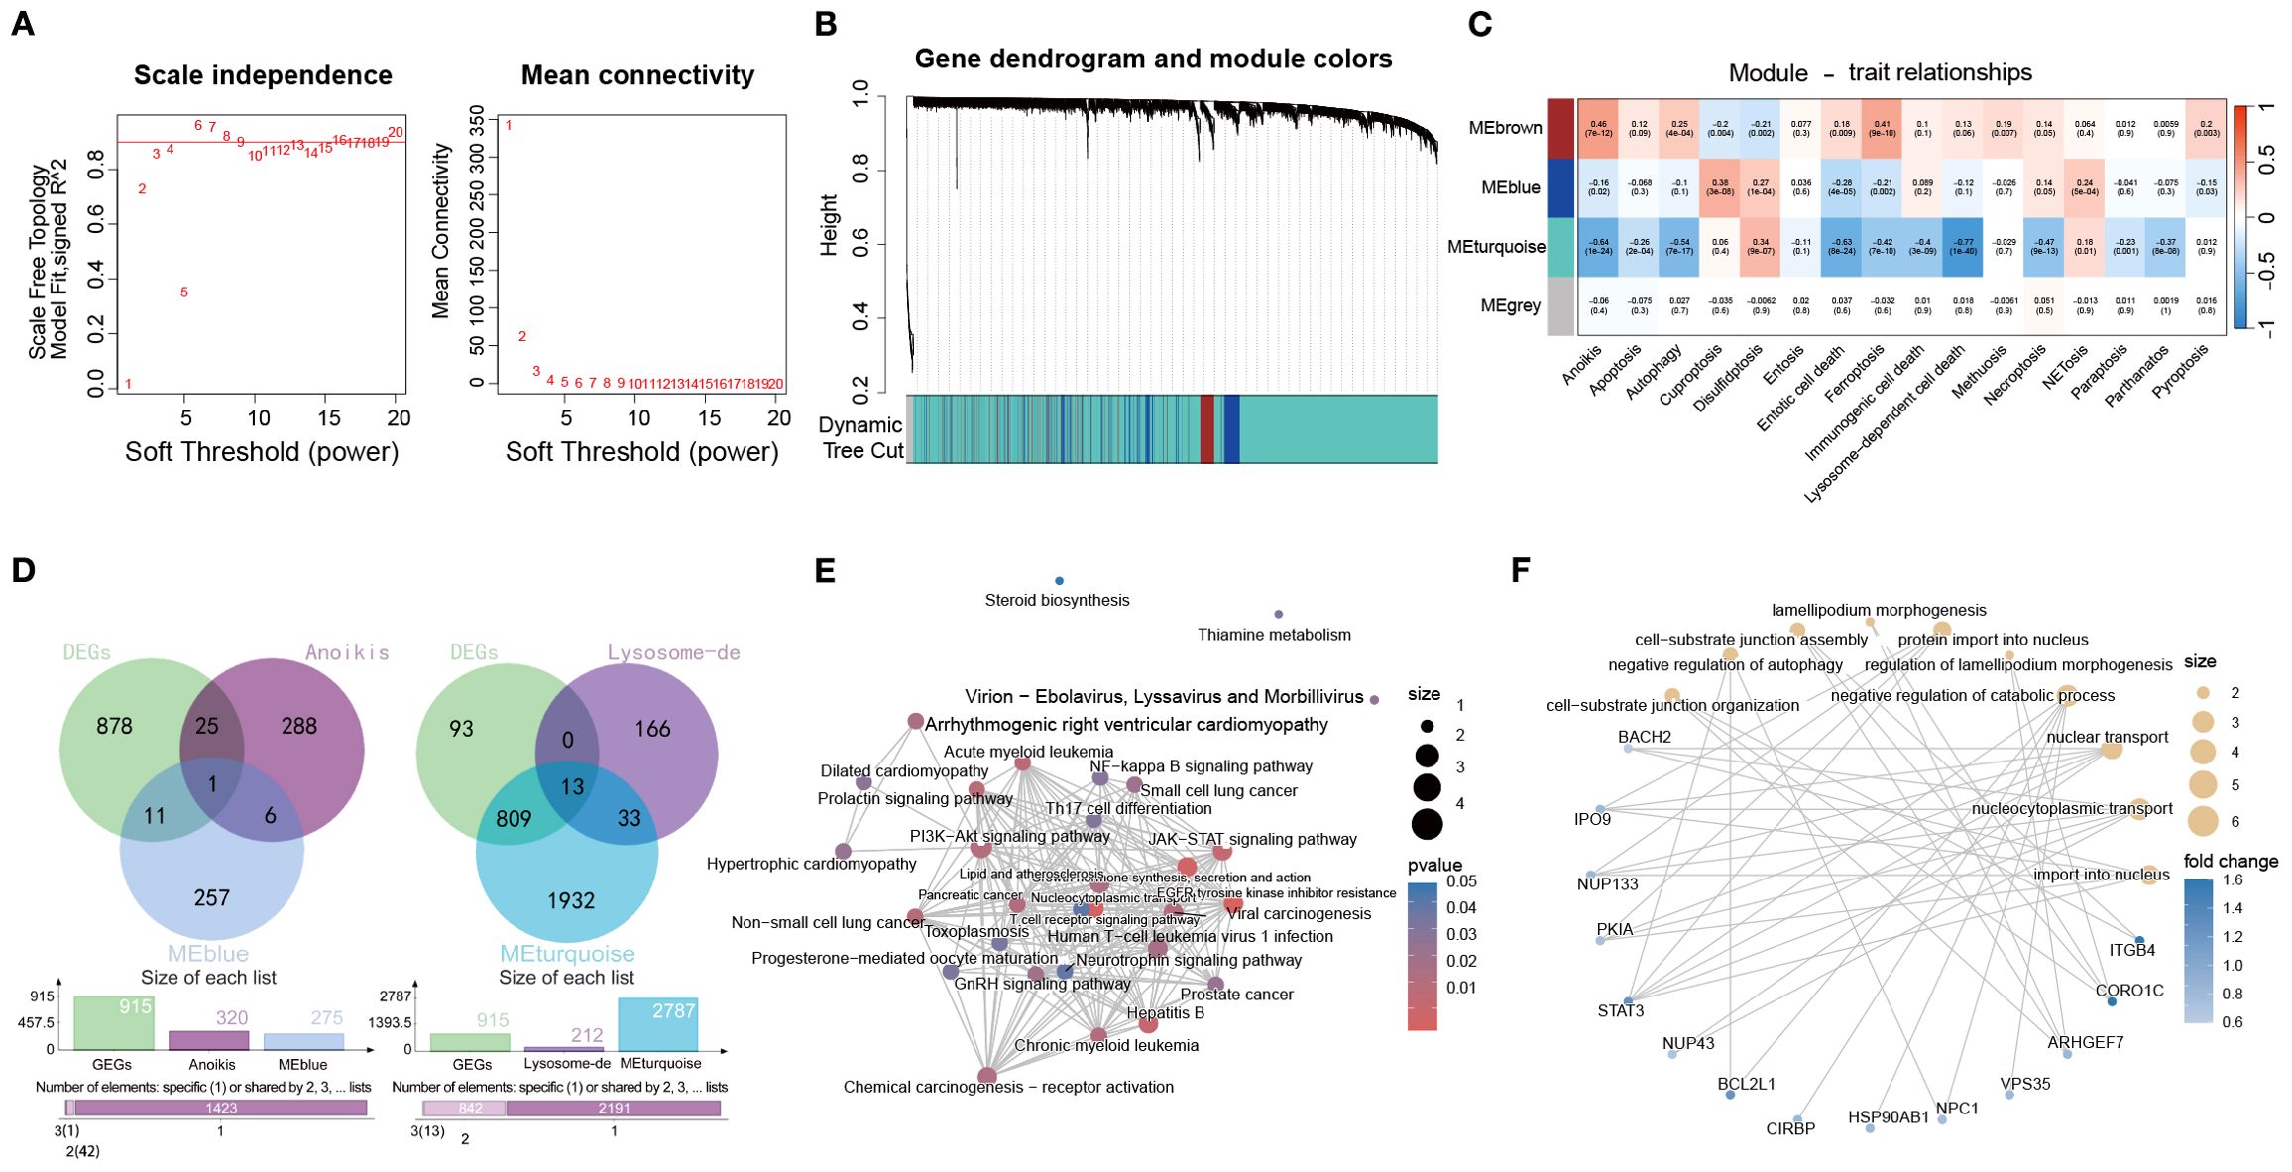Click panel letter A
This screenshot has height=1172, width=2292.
coord(22,24)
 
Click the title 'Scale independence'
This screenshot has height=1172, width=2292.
coord(263,75)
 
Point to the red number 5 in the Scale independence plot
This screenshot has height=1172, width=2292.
coord(184,293)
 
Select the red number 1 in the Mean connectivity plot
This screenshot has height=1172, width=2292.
coord(509,126)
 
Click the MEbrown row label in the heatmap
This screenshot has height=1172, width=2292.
coord(1505,128)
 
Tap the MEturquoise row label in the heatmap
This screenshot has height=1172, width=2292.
coord(1496,247)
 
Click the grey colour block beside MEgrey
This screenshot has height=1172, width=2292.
coord(1560,305)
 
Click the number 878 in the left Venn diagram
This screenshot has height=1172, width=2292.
coord(114,727)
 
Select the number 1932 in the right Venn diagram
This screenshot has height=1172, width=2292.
coord(571,900)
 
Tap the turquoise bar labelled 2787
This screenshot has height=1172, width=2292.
coord(658,1023)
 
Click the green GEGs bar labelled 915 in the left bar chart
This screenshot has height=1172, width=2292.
coord(114,1022)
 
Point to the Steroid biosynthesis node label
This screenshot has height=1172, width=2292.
coord(1057,600)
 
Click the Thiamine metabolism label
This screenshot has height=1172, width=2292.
coord(1274,635)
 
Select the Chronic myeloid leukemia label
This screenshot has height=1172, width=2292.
coord(1106,1045)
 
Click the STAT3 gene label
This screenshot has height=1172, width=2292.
coord(1620,1010)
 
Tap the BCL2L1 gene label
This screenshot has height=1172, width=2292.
coord(1746,1084)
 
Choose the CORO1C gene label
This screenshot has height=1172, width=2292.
coord(2129,991)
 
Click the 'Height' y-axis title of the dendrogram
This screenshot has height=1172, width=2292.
coord(830,225)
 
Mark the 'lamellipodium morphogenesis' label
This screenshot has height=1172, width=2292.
coord(1879,611)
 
